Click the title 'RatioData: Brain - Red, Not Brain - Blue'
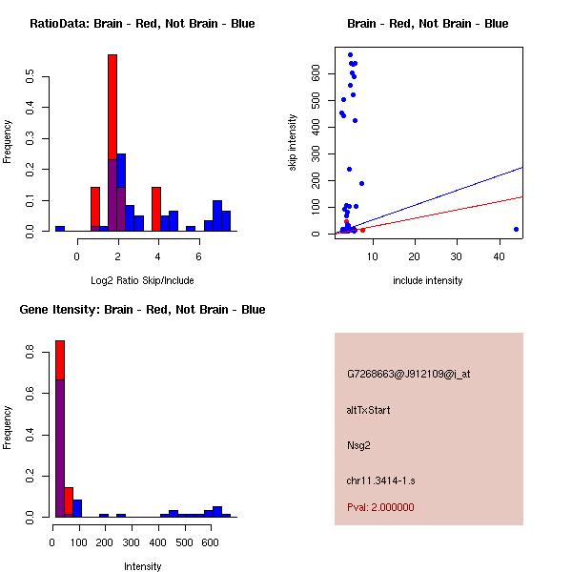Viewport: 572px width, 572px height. [x=142, y=24]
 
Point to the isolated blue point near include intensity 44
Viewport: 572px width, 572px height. [x=516, y=229]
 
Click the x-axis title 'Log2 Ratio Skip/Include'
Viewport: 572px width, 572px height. [x=142, y=280]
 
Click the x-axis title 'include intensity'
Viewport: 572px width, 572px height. [x=428, y=280]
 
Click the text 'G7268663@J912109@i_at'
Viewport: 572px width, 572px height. [x=408, y=375]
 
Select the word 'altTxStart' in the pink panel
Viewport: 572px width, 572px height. [x=369, y=410]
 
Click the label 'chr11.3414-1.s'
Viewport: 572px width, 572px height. [x=379, y=479]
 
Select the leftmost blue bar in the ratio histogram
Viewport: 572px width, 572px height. [x=59, y=229]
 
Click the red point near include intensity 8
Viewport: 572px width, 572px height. [x=362, y=230]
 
